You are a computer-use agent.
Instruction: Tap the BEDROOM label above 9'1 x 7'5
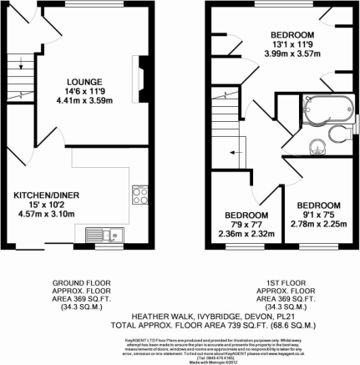[x=321, y=205]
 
